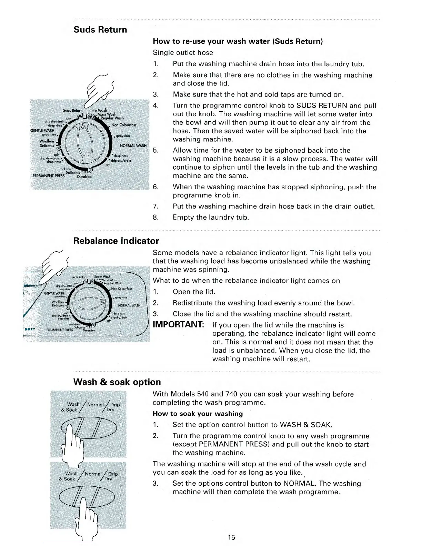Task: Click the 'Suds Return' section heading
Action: pos(100,30)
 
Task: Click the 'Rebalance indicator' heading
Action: pos(116,241)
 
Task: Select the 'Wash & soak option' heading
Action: pos(117,382)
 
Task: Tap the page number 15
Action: pos(231,537)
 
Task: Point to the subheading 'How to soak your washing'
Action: pos(198,414)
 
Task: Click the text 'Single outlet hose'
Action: pos(183,53)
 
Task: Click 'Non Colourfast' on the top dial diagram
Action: pos(124,125)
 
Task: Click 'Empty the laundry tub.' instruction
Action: pos(211,218)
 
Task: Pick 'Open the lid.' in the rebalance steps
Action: pos(194,292)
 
